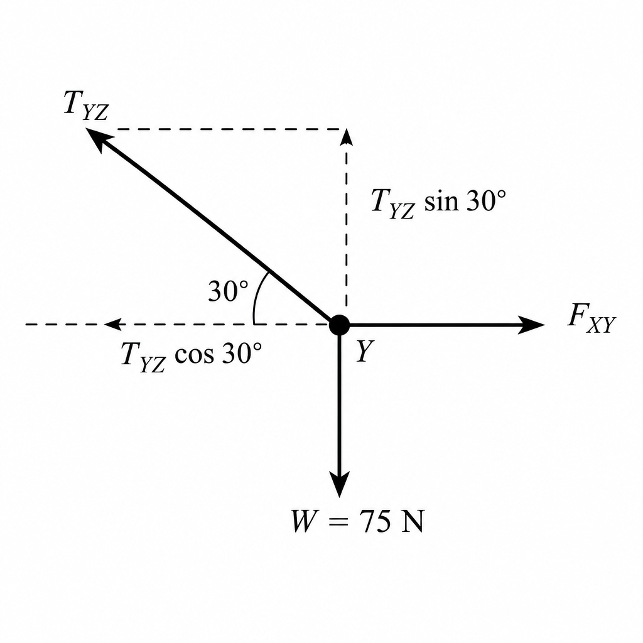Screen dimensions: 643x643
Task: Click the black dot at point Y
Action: (340, 325)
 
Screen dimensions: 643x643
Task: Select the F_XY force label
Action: (592, 318)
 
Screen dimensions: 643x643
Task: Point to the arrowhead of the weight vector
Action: (340, 484)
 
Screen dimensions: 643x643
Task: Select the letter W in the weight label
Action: (304, 521)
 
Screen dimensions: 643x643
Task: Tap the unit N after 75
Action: (412, 521)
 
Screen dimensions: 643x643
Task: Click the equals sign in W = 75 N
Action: (338, 522)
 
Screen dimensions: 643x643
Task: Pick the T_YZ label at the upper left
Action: (86, 105)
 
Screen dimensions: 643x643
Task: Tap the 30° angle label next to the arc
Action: (228, 291)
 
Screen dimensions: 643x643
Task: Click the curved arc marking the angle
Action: (257, 296)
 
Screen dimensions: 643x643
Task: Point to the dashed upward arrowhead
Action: (347, 136)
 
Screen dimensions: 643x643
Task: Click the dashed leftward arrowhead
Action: (113, 325)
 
